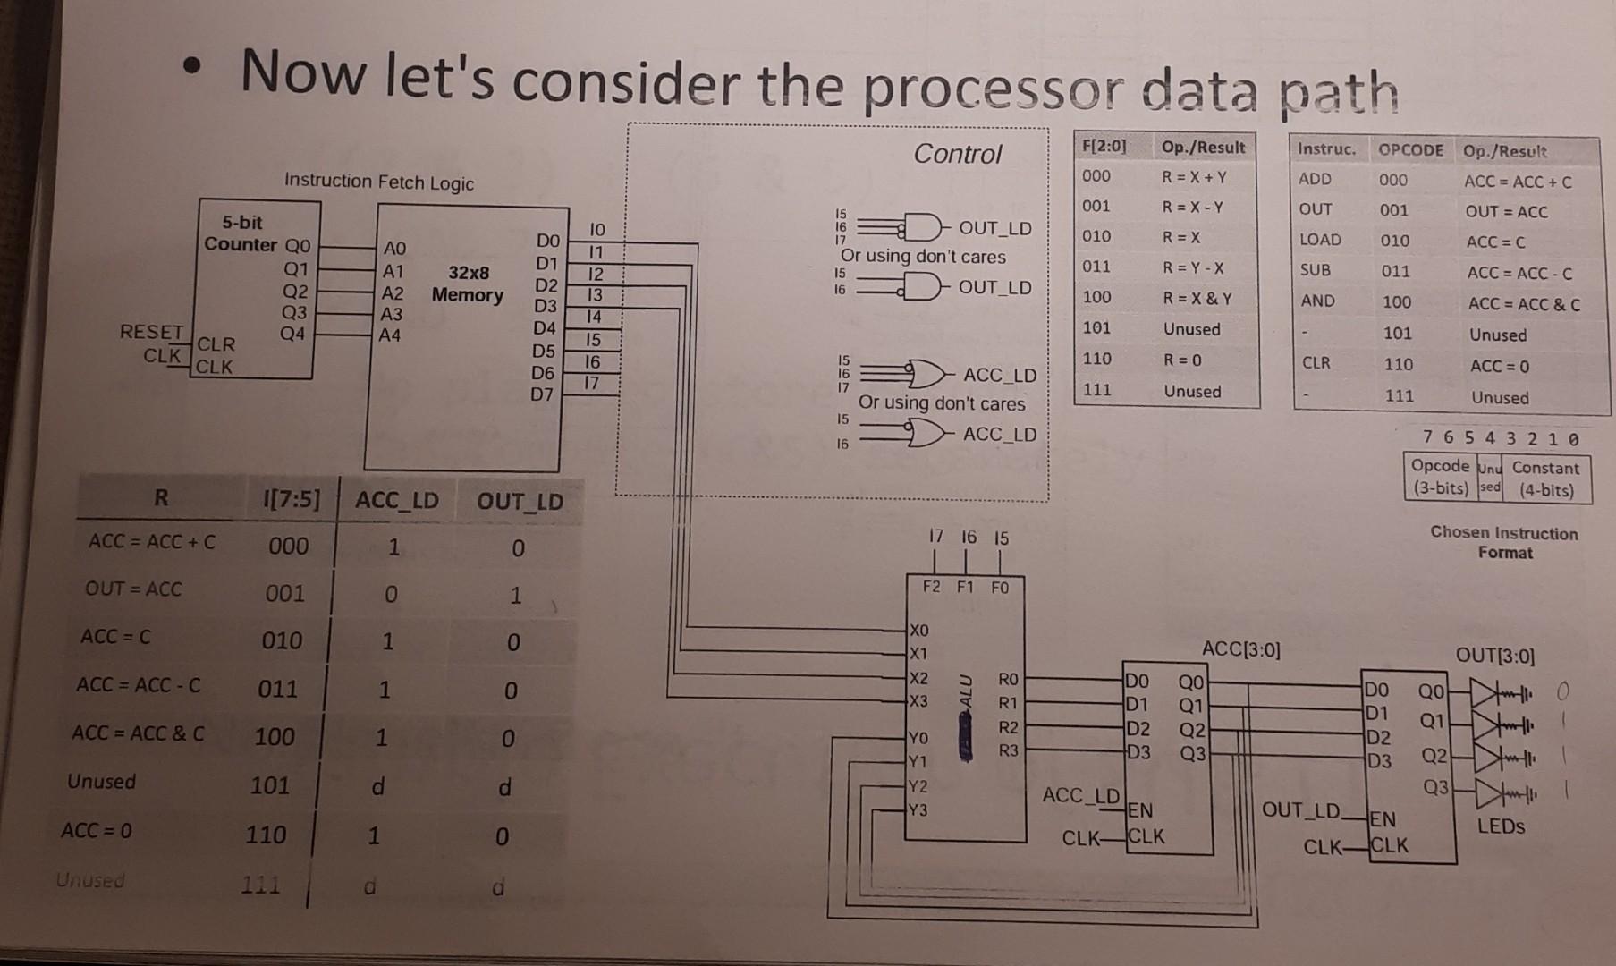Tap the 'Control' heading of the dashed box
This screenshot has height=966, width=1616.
[x=957, y=154]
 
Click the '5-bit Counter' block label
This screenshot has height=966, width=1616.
[x=241, y=233]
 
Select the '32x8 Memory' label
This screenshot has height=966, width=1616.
[x=468, y=284]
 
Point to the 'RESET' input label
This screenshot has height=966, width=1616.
[x=151, y=332]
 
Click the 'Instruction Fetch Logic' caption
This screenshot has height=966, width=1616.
[x=379, y=182]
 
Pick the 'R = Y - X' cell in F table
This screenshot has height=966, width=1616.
[x=1193, y=267]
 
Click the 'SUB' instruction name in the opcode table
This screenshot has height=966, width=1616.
[x=1315, y=270]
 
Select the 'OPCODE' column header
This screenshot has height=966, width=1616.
[x=1410, y=150]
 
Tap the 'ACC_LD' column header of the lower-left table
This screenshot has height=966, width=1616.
[x=397, y=500]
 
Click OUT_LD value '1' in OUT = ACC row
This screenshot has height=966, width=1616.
[x=515, y=595]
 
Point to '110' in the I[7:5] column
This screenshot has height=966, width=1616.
[x=266, y=835]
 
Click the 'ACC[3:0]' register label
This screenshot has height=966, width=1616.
[x=1240, y=649]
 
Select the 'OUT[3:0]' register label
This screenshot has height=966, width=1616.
[x=1494, y=656]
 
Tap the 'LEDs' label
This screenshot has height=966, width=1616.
[x=1501, y=826]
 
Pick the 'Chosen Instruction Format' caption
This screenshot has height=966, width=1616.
[x=1504, y=542]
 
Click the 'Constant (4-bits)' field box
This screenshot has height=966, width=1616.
[x=1546, y=479]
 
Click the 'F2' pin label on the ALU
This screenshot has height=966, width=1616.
[x=932, y=587]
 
